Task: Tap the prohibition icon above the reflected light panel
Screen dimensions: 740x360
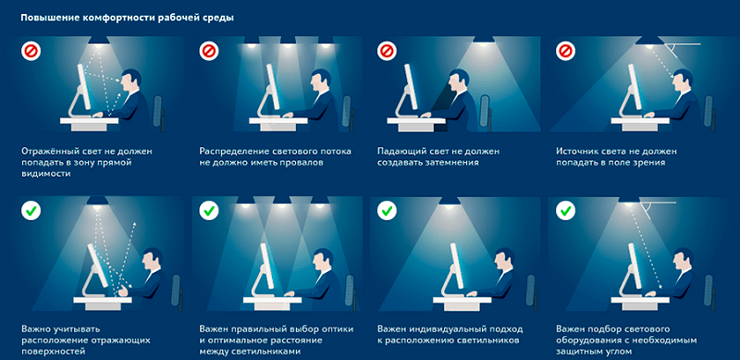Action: (31, 51)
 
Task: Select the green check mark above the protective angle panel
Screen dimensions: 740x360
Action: (565, 210)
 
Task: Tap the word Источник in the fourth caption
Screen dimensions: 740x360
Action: (577, 152)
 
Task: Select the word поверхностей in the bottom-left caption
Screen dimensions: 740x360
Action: (54, 352)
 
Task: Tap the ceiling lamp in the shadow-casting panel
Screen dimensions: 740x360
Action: (483, 40)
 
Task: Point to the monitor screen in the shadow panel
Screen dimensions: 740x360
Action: (409, 88)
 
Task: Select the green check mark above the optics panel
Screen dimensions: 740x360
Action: (209, 210)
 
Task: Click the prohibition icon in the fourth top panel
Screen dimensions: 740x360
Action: (565, 51)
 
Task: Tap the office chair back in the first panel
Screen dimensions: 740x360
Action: (158, 110)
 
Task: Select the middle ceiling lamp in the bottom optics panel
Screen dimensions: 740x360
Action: (282, 201)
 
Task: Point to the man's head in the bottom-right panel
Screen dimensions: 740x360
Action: (682, 261)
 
